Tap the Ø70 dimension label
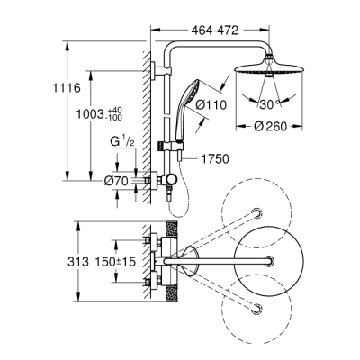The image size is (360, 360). pyautogui.click(x=114, y=183)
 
